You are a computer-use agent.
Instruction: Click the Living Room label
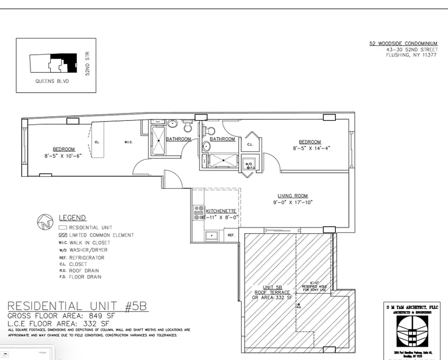(x=292, y=196)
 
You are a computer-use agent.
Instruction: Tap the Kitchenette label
(x=221, y=211)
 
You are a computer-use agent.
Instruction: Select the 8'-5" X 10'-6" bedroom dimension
(x=59, y=156)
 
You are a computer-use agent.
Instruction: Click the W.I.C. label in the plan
(x=128, y=143)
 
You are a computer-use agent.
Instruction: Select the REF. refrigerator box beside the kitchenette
(x=231, y=235)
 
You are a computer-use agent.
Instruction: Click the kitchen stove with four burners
(x=198, y=212)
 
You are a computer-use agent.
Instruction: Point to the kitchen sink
(x=210, y=235)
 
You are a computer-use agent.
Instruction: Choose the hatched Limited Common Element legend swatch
(x=63, y=235)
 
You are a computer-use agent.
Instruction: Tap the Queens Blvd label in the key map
(x=52, y=81)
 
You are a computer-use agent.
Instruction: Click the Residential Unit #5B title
(x=77, y=307)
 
